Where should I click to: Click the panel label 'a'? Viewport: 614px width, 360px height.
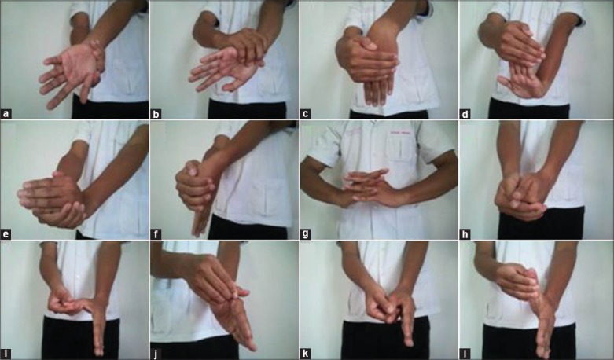6,114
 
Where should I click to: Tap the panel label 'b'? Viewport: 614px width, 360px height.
156,114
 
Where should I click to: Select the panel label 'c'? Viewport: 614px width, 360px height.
305,114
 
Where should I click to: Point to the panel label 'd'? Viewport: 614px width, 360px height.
465,114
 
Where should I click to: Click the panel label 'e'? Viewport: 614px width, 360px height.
6,234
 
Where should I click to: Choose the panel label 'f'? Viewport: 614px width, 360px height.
156,234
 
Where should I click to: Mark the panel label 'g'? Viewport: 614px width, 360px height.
305,234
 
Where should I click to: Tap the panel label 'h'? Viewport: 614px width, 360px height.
465,234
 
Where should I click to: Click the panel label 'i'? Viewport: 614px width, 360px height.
6,354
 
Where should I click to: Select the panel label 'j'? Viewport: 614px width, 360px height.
156,354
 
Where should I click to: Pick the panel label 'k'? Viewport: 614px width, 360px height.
305,354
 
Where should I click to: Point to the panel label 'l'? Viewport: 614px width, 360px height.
465,354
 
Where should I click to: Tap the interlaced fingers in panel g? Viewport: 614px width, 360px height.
367,186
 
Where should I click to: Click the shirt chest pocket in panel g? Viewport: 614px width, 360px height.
401,148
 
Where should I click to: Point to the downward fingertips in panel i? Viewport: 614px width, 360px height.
100,344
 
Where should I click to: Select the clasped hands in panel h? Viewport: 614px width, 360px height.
520,196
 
